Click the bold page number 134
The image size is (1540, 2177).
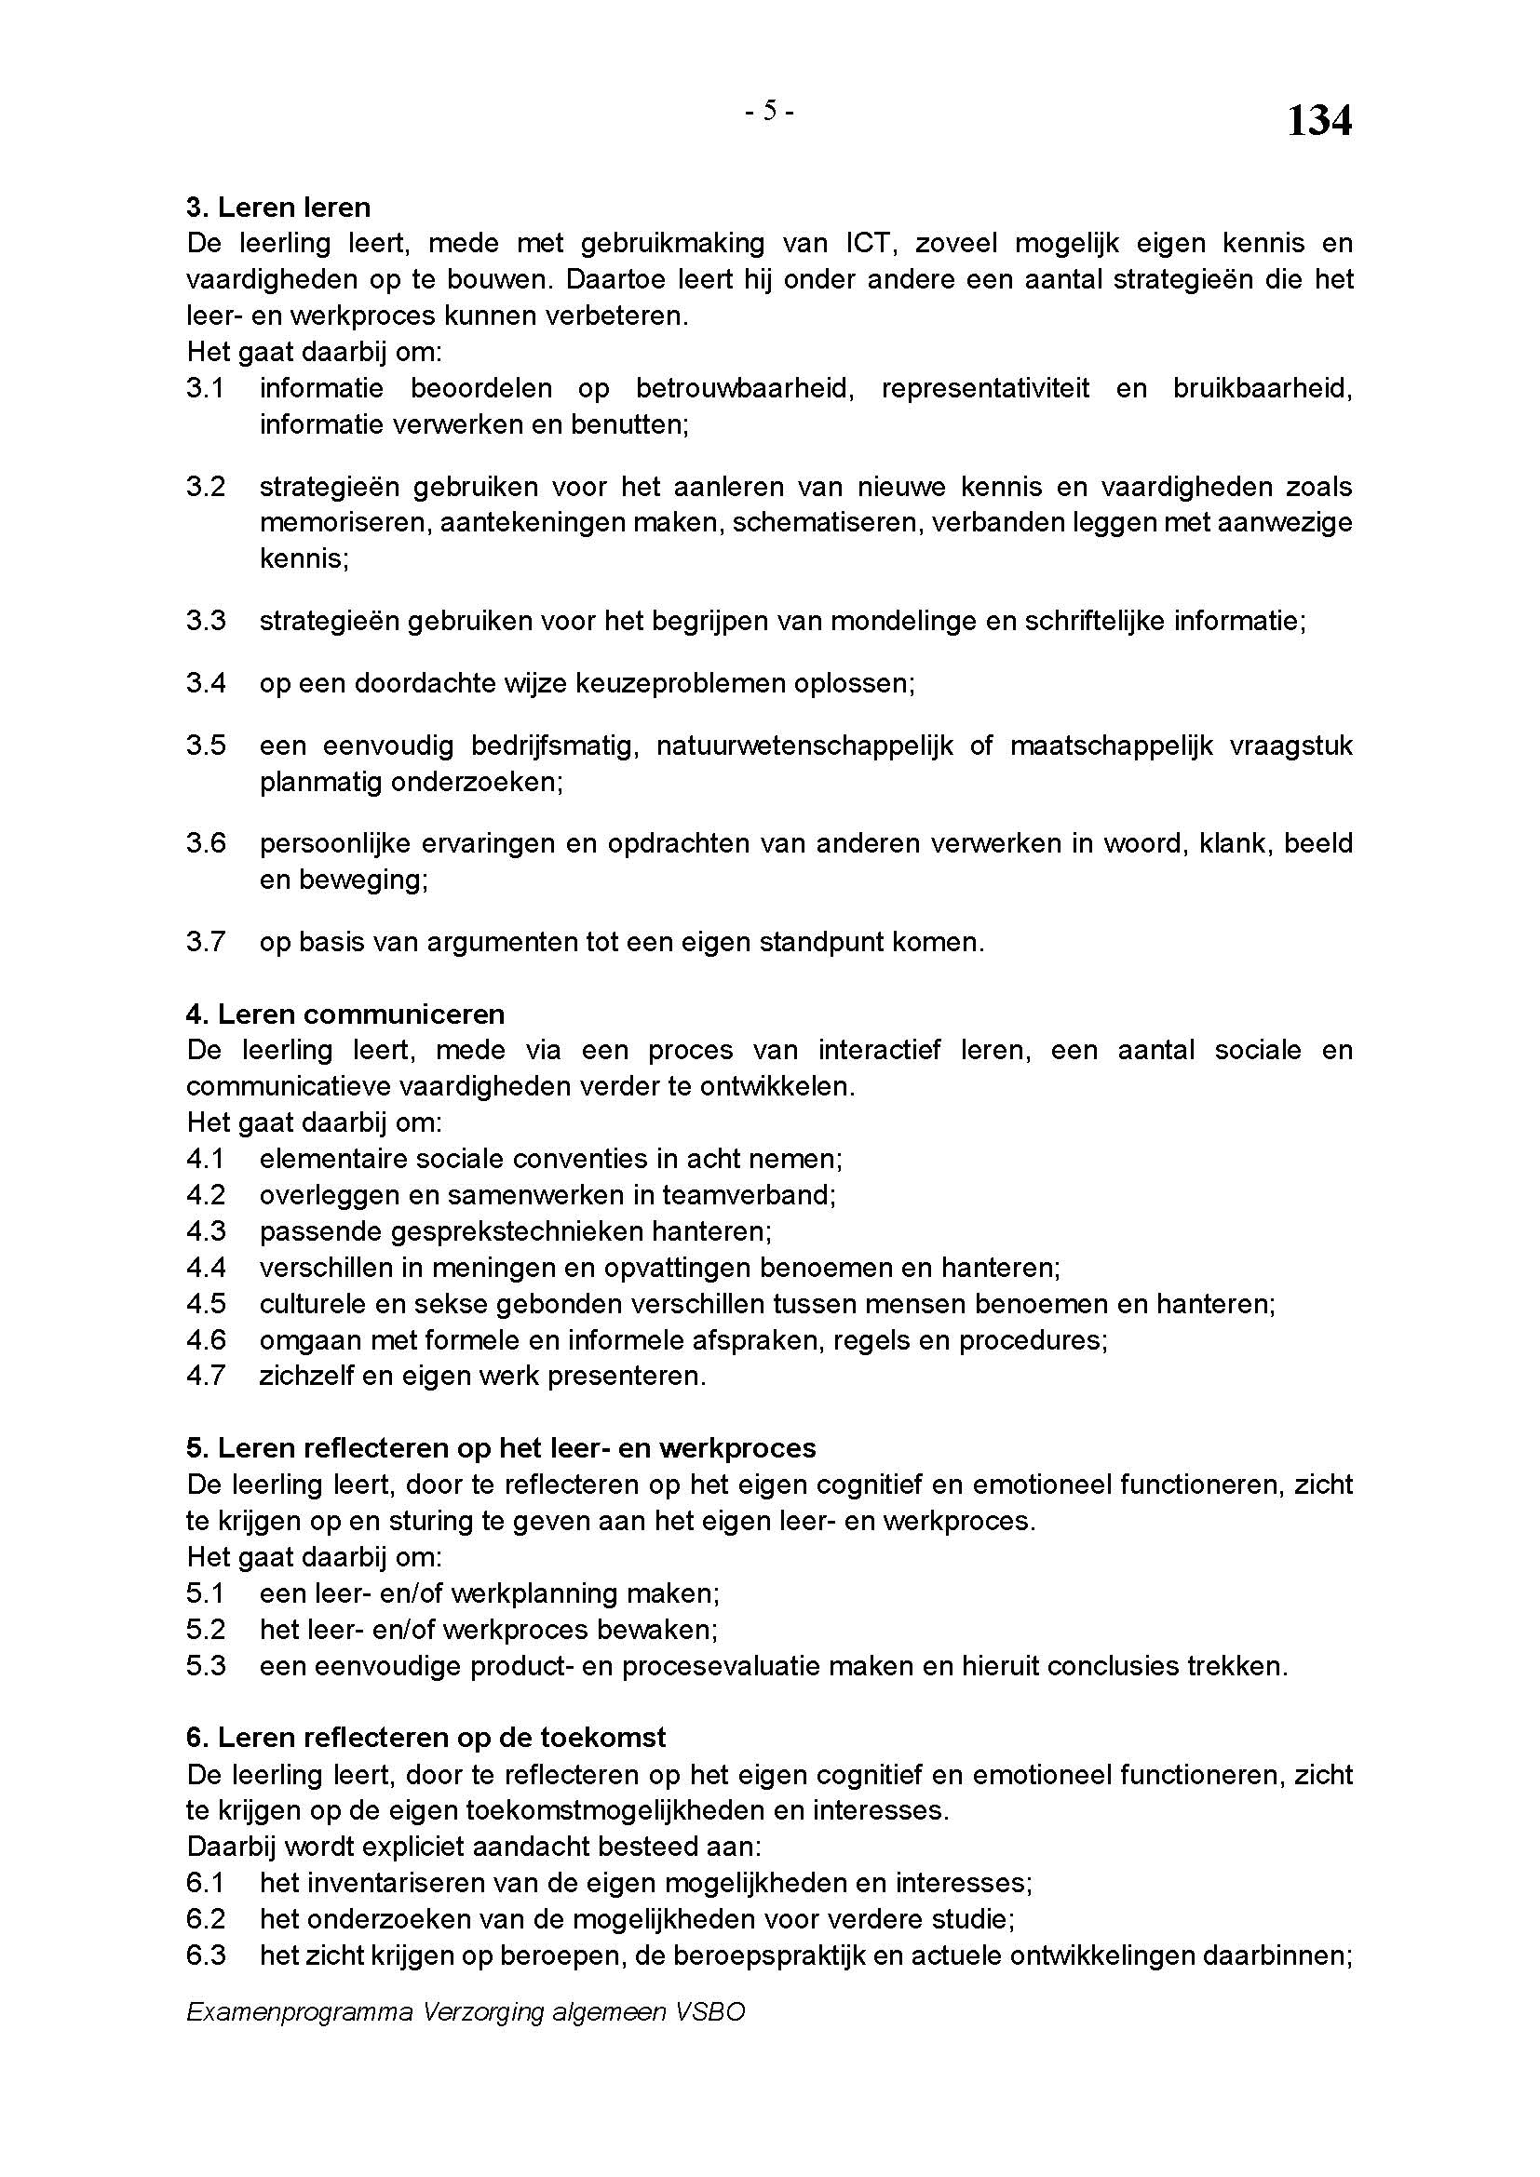[x=1318, y=120]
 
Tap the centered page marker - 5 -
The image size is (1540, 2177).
[x=769, y=112]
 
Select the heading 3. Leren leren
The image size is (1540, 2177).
[x=277, y=207]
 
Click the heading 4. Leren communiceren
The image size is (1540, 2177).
[x=345, y=1014]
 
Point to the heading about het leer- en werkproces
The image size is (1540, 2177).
[x=501, y=1448]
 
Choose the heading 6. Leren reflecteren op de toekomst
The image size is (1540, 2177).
[x=426, y=1737]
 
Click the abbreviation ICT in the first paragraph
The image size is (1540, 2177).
[x=868, y=244]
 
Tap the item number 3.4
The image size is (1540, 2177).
[x=206, y=682]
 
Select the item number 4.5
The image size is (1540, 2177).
[x=206, y=1304]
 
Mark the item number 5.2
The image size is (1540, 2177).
[x=206, y=1629]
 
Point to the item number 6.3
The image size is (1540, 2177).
[x=206, y=1955]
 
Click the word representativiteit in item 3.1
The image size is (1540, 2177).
[x=985, y=389]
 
